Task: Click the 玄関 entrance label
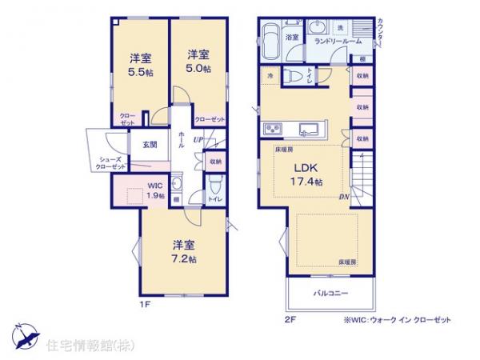pos(150,145)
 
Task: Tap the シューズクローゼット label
pos(110,165)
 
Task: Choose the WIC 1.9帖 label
pos(154,192)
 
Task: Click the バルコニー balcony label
pos(330,294)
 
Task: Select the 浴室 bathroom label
pos(292,37)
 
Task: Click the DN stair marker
pos(342,197)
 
